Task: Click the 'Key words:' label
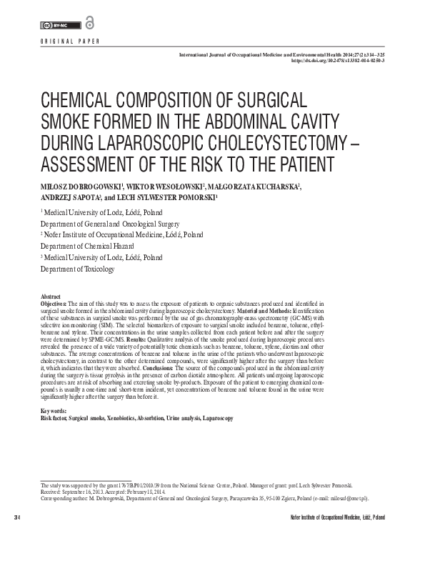click(x=54, y=411)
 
